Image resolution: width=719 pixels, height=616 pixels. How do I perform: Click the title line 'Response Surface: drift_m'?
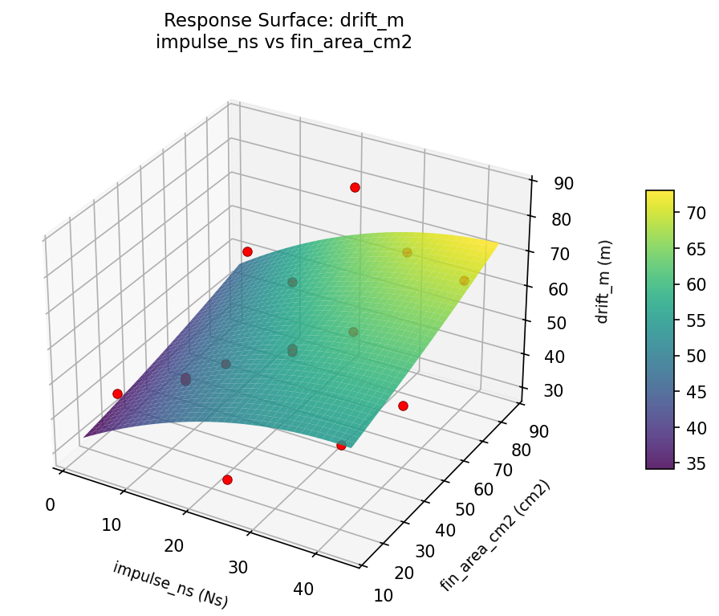(283, 20)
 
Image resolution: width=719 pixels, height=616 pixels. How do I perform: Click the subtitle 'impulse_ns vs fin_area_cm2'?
(283, 43)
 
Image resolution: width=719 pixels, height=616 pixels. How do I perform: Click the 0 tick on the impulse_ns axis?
(50, 504)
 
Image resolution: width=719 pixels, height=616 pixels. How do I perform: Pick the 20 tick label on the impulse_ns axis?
(173, 546)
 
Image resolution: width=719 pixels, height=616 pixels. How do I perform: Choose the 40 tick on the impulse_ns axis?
(303, 589)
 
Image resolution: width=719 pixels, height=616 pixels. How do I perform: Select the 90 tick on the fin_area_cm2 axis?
(538, 431)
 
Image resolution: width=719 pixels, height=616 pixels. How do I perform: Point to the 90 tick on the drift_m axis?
(563, 183)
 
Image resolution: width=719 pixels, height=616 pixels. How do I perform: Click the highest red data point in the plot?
(355, 188)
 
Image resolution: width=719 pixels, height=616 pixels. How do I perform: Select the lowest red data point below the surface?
(227, 479)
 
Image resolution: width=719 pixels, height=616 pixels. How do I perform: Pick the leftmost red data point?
(117, 394)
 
